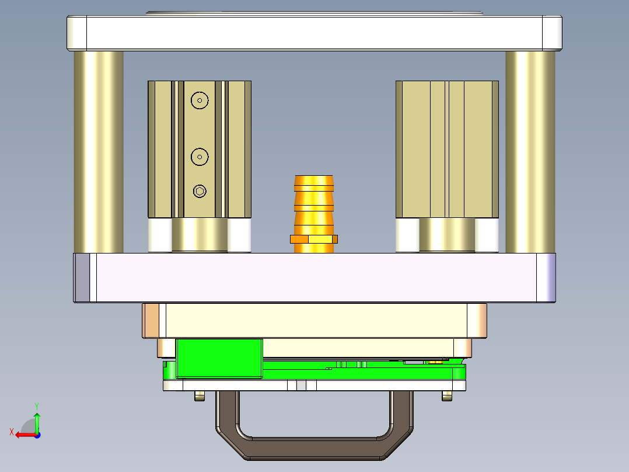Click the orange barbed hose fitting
tap(314, 204)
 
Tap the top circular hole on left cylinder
tap(200, 100)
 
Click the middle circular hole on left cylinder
tap(200, 157)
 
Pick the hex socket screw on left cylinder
tap(200, 191)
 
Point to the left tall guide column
tap(98, 152)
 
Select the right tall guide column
tap(530, 152)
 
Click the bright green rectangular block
tap(219, 358)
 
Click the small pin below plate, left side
tap(200, 397)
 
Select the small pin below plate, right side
tap(447, 397)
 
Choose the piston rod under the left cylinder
tap(200, 235)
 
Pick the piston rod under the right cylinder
tap(447, 235)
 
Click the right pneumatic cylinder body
tap(447, 149)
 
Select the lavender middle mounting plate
tap(315, 277)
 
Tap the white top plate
tap(315, 33)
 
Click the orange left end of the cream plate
tap(151, 320)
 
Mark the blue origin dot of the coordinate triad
tap(37, 435)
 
